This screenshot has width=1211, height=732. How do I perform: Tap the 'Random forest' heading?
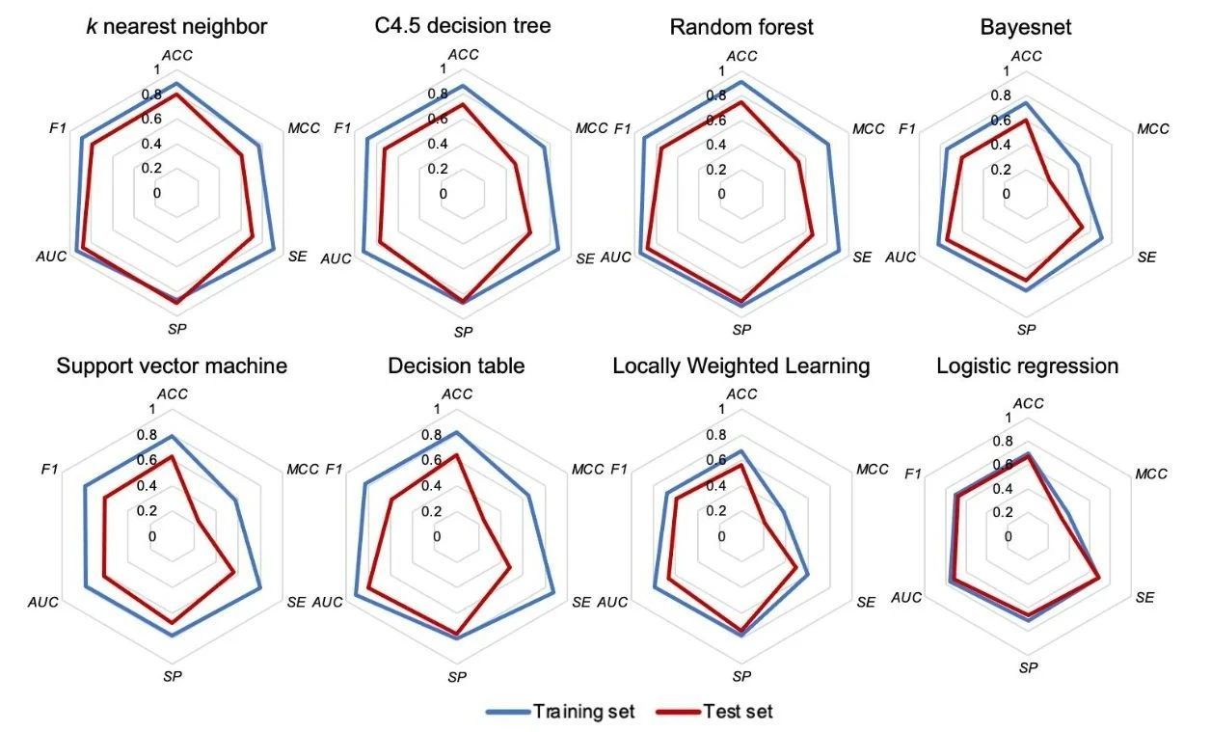[741, 27]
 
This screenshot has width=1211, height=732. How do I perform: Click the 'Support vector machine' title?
[172, 366]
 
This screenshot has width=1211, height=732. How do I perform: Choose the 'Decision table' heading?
[456, 366]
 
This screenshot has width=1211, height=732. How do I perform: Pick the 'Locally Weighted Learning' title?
[741, 366]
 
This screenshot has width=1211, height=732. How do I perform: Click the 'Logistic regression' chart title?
[1027, 366]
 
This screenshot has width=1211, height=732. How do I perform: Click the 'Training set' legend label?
[584, 712]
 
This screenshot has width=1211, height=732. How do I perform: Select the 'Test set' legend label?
[740, 712]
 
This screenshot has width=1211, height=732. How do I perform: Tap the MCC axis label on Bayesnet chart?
[1152, 129]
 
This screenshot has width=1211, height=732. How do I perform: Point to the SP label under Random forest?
[741, 330]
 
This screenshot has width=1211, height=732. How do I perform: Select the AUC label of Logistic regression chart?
[906, 598]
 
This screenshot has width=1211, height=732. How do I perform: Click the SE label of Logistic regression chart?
[1144, 598]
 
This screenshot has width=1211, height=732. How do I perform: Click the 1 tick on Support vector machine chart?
[151, 410]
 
